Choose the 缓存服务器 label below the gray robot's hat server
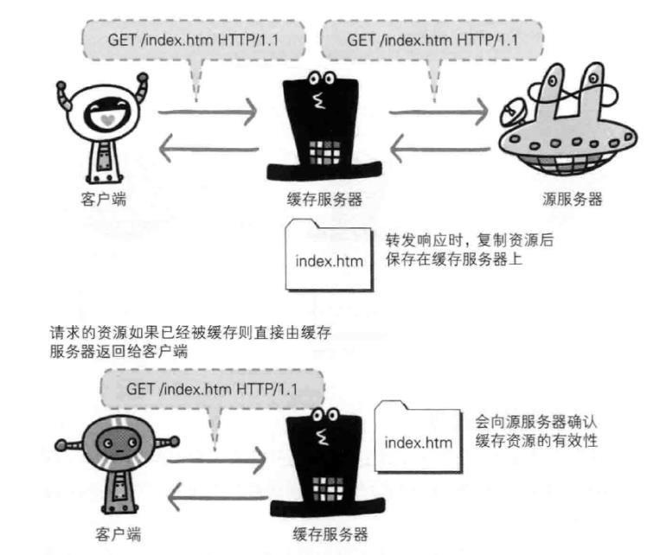click(326, 533)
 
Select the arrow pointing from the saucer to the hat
click(442, 150)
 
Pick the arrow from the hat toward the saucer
click(442, 111)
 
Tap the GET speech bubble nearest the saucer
click(432, 40)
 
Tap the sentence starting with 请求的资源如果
click(190, 331)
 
